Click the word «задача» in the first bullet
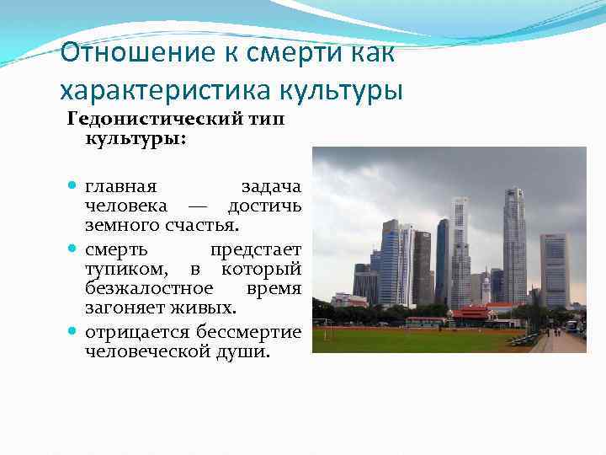(x=271, y=185)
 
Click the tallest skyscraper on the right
(x=513, y=244)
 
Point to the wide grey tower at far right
(x=555, y=270)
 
